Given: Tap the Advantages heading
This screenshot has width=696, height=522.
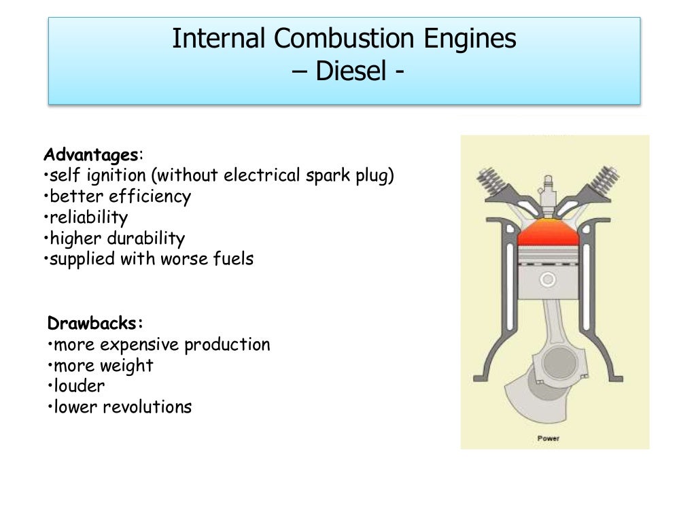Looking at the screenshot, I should tap(90, 154).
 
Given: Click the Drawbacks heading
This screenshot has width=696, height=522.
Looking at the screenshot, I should tap(95, 323).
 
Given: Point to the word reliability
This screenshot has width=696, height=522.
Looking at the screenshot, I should tap(89, 217).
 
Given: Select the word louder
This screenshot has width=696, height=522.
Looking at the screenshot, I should tap(80, 386).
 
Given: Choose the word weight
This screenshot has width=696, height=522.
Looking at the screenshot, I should tap(126, 366).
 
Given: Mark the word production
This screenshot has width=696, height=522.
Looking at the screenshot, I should tap(227, 345).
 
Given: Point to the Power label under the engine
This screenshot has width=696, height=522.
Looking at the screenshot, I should tap(549, 438).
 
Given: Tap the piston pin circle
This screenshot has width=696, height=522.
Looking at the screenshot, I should tap(548, 279).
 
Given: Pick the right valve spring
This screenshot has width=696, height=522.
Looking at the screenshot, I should tap(601, 179).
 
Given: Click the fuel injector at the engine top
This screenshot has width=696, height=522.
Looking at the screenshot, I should tap(548, 191).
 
